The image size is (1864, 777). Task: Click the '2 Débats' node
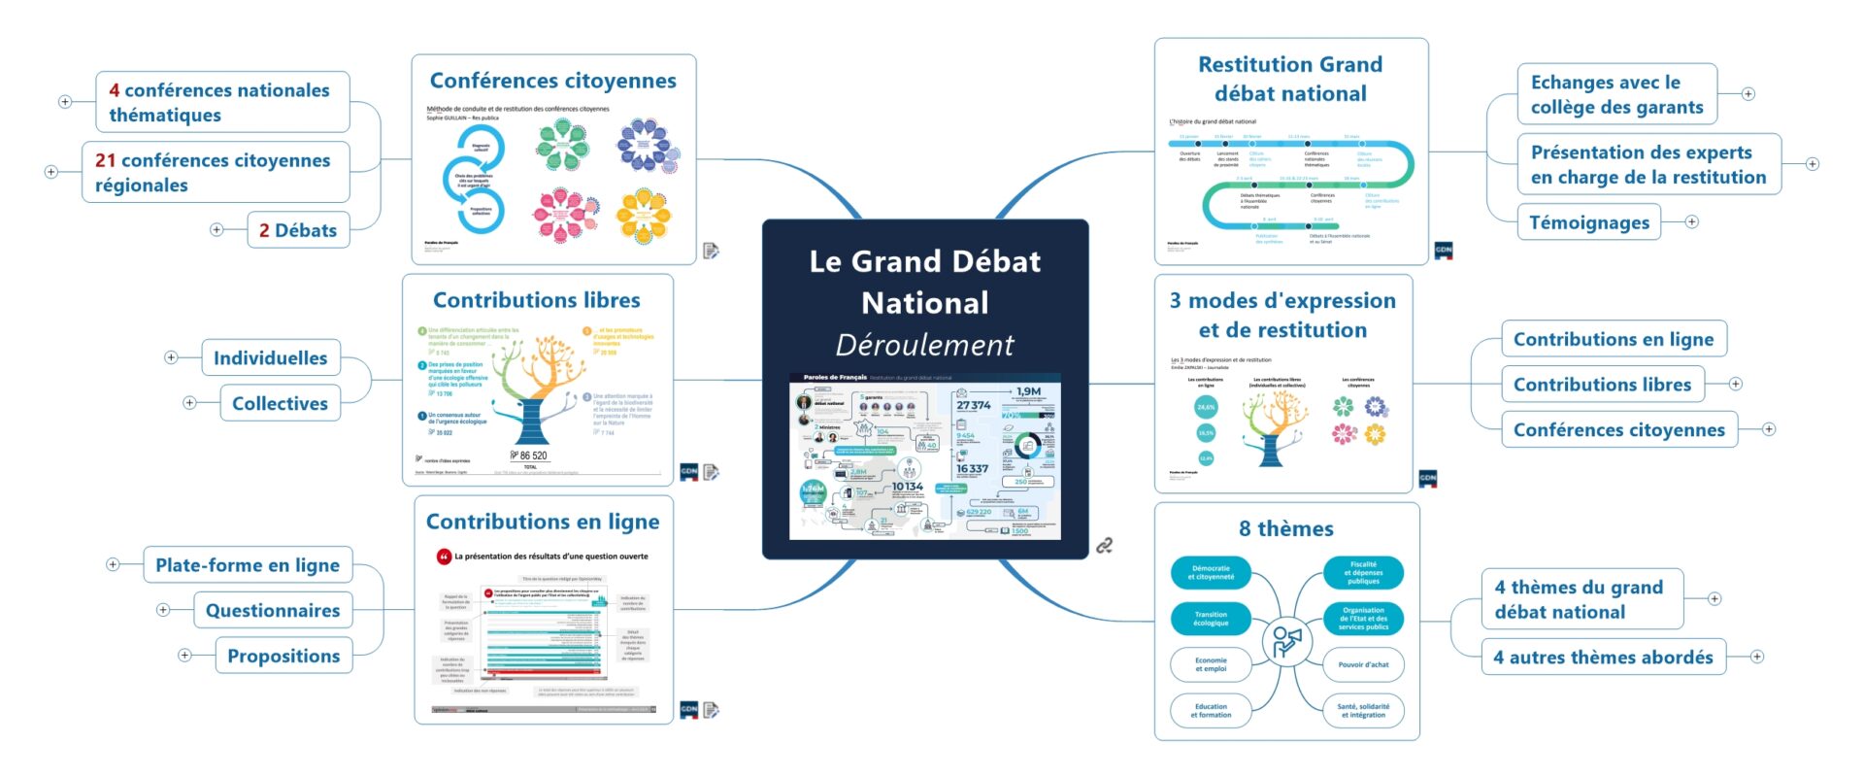[298, 230]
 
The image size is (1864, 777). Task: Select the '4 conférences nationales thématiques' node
[221, 102]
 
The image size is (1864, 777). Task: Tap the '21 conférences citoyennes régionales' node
[215, 172]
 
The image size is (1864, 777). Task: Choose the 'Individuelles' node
[271, 357]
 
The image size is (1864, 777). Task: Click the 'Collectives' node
[280, 403]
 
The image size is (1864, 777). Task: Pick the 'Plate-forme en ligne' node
[248, 564]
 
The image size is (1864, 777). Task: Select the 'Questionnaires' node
[273, 610]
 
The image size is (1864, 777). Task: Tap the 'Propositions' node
[283, 656]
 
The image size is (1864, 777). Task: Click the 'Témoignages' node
[1589, 222]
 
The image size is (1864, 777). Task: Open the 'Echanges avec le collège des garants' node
[1616, 94]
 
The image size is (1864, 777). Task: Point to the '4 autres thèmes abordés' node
[1603, 657]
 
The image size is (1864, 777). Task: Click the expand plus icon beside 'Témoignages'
[1692, 222]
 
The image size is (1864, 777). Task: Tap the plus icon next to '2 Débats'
[216, 230]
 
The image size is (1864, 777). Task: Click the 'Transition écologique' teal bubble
[1211, 619]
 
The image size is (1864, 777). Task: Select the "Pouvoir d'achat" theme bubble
[1363, 664]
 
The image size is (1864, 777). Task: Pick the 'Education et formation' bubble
[1211, 710]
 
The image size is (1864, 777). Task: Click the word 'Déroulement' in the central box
[924, 345]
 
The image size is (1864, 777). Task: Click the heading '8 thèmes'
[1285, 528]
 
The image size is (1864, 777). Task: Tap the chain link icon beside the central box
[1104, 546]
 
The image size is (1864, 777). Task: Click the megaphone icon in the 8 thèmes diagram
[1286, 641]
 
